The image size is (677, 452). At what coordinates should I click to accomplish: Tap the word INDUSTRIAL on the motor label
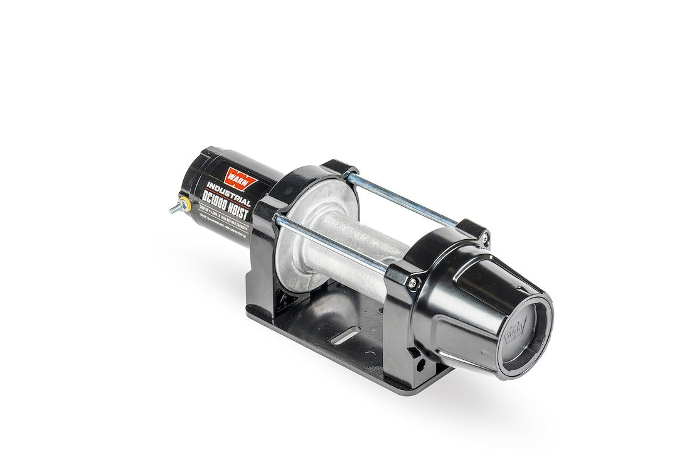click(x=230, y=192)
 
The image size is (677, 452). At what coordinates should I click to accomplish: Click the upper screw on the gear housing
click(x=484, y=237)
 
